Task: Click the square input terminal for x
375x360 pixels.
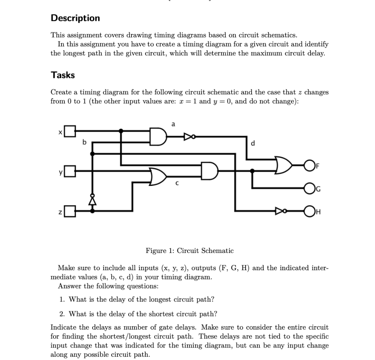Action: point(71,131)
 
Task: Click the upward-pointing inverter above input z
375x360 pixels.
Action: point(92,200)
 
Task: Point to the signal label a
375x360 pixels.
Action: point(173,124)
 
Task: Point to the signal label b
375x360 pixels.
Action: point(84,142)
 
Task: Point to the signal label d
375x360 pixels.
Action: point(253,143)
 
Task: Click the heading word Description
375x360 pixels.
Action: point(75,18)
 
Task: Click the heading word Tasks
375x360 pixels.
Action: point(63,75)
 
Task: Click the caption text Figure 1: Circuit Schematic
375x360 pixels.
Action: point(189,251)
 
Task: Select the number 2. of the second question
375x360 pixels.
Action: point(62,314)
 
